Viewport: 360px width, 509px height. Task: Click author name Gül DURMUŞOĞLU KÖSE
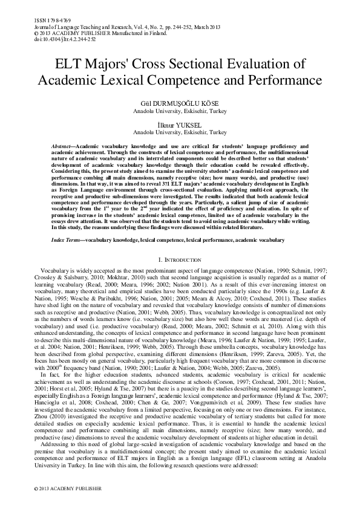coord(180,104)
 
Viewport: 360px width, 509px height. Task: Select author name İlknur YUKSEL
coord(180,125)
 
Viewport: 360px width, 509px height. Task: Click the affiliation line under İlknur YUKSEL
coord(180,132)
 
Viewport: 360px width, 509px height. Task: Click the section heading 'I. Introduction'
coord(180,259)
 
